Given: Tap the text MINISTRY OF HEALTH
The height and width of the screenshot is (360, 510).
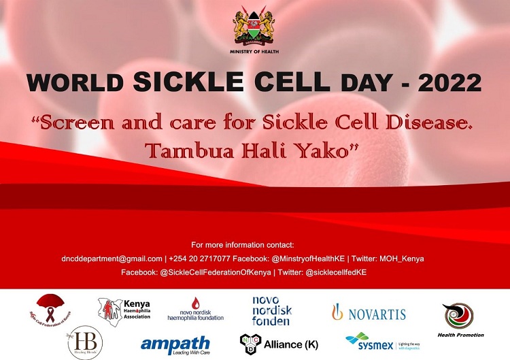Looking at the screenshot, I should (255, 52).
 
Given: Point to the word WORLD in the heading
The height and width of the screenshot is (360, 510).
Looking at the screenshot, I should (75, 82).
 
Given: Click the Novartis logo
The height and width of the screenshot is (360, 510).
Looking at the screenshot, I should (369, 313).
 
